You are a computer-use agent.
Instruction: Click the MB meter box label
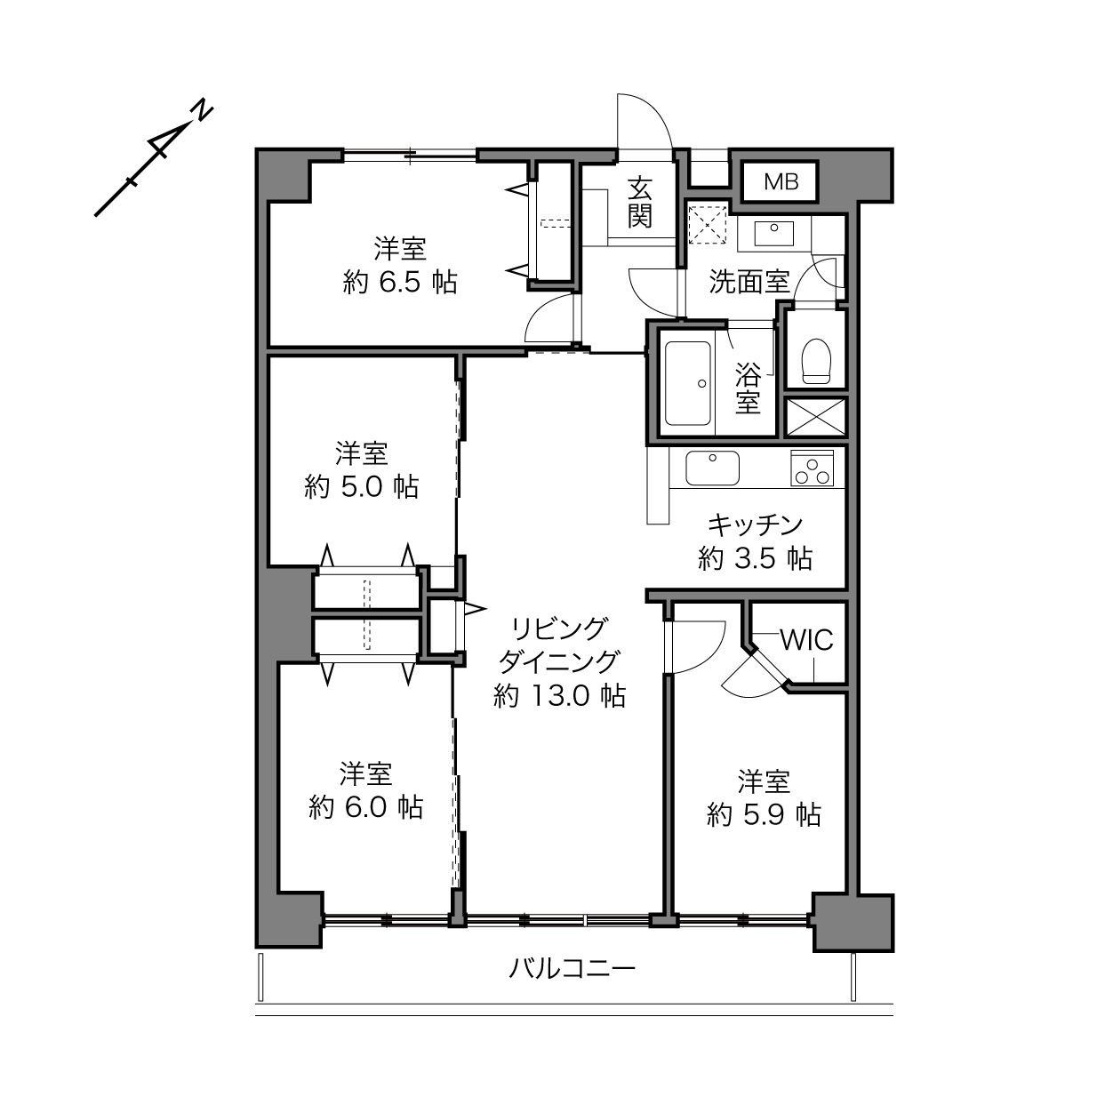(x=781, y=182)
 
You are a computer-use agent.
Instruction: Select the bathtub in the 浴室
(x=687, y=383)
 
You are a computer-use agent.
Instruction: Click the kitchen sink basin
(x=712, y=468)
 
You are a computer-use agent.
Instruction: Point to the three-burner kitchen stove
(x=812, y=468)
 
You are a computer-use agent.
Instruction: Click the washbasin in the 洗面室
(x=774, y=234)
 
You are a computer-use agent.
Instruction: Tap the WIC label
(x=806, y=639)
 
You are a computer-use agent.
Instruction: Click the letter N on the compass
(x=202, y=110)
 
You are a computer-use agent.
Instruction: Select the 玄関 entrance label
(x=640, y=202)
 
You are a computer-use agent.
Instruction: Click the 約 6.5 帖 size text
(x=400, y=283)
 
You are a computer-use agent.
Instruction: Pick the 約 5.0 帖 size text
(x=362, y=487)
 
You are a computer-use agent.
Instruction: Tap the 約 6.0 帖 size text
(x=366, y=807)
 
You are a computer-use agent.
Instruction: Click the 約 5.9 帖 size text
(x=764, y=815)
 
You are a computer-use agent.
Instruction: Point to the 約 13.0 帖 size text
(x=560, y=696)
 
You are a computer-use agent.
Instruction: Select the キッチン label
(x=756, y=525)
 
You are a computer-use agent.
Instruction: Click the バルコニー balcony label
(x=572, y=968)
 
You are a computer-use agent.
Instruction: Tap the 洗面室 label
(x=749, y=281)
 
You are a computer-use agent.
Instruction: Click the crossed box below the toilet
(x=815, y=417)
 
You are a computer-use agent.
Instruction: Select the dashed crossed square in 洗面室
(x=708, y=224)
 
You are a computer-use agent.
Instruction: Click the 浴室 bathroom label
(x=748, y=388)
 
